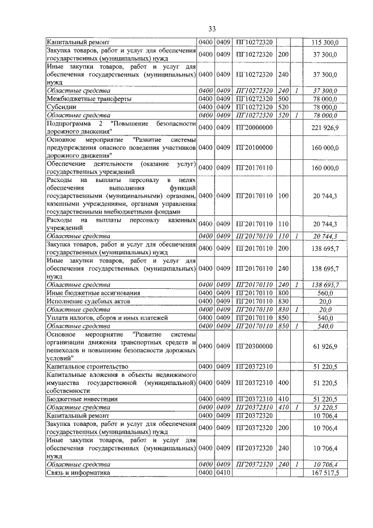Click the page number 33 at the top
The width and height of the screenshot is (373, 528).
212,29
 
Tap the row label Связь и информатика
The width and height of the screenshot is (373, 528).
78,473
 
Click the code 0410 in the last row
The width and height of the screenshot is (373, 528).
224,473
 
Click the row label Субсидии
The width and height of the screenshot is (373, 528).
62,107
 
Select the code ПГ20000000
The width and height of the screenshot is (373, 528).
254,128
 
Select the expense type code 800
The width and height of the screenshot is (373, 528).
284,292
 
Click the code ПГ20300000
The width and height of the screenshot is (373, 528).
254,346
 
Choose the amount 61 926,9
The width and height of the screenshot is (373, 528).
325,346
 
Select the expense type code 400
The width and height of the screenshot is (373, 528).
284,382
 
